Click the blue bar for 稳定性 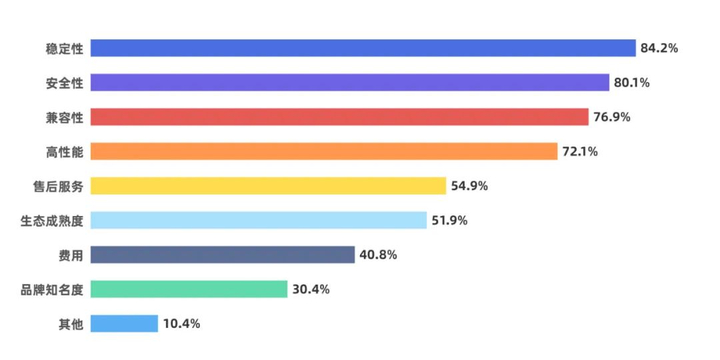click(363, 48)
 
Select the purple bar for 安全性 click(349, 83)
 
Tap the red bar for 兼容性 click(339, 117)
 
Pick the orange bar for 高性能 click(323, 151)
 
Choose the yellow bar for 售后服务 click(268, 186)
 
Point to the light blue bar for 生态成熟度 click(258, 221)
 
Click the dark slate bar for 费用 click(222, 255)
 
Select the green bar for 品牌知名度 click(189, 289)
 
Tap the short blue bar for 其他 click(124, 324)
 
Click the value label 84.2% click(659, 48)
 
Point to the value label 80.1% click(631, 83)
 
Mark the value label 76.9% click(611, 117)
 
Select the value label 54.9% click(469, 186)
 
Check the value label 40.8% click(378, 255)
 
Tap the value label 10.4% click(181, 324)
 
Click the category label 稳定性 click(65, 49)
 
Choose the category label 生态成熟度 click(52, 221)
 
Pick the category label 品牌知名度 click(52, 290)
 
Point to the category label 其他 click(71, 325)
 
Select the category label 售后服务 click(58, 187)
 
